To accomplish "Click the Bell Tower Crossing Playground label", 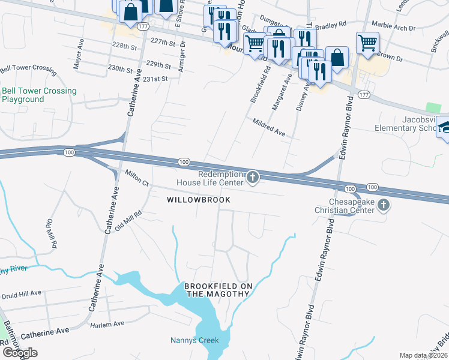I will click(39, 95).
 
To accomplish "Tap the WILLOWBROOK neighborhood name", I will click(190, 199).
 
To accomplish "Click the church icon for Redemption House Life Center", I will click(253, 177).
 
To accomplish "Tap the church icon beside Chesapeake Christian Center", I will click(384, 206).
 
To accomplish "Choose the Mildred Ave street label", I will click(268, 128).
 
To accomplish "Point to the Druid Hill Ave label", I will click(21, 293).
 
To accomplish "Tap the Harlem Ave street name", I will click(107, 323).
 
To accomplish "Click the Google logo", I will click(20, 353).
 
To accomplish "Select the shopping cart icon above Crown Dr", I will click(367, 43).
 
